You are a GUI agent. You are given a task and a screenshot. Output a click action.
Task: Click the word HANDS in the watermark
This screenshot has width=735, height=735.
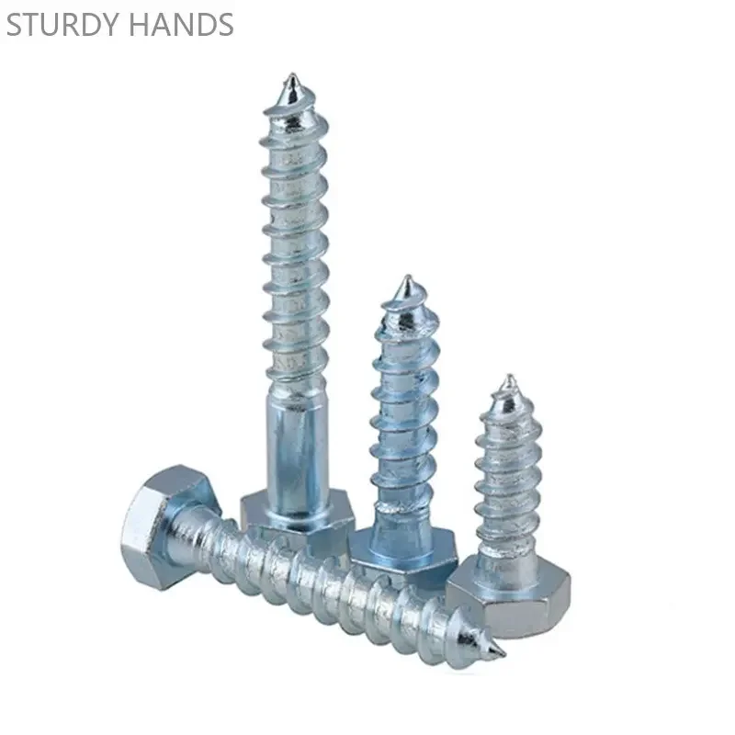[x=181, y=25]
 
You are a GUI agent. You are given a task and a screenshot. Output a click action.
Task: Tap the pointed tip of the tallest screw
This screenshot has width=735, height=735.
[x=292, y=75]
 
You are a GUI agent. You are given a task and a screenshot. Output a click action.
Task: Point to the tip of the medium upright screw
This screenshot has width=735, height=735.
[x=407, y=277]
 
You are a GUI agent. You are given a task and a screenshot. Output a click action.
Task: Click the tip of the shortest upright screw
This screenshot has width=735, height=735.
[x=510, y=377]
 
